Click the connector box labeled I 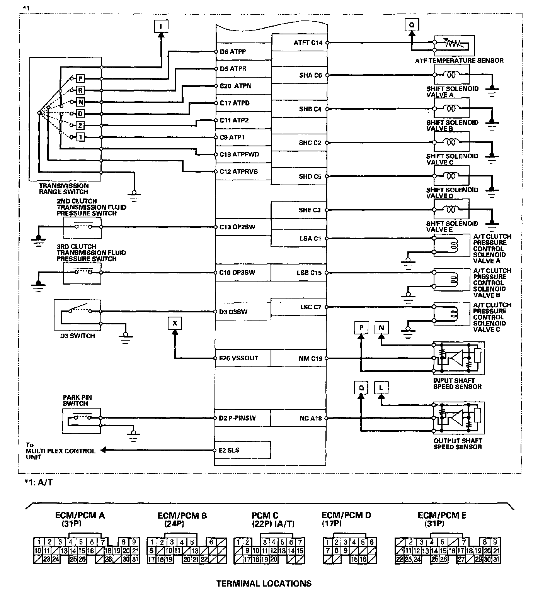[161, 26]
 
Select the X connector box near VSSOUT [175, 323]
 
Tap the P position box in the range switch [80, 79]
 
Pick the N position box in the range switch [80, 102]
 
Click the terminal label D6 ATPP [233, 51]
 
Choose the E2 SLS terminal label [229, 450]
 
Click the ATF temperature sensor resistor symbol [453, 44]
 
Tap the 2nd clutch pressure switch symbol [83, 227]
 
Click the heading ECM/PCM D [346, 515]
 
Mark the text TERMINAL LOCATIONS [264, 583]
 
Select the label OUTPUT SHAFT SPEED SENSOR [458, 444]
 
